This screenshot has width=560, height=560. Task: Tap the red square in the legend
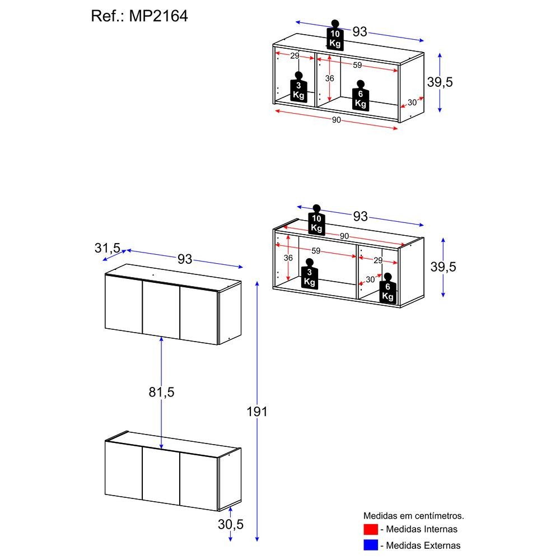point(371,529)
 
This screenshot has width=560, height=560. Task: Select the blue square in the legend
point(371,544)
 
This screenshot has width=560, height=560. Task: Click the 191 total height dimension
point(257,412)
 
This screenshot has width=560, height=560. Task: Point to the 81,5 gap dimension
point(161,392)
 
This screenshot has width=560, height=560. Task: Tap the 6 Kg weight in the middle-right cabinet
point(388,288)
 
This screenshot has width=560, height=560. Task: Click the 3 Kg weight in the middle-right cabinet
point(309,274)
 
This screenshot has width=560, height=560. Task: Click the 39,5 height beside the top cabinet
point(440,82)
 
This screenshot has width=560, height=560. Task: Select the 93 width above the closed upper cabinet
point(185,259)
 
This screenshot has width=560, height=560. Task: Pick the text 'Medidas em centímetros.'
point(414,515)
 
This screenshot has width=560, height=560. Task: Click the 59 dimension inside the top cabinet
point(357,65)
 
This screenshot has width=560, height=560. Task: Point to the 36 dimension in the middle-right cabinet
point(288,258)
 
